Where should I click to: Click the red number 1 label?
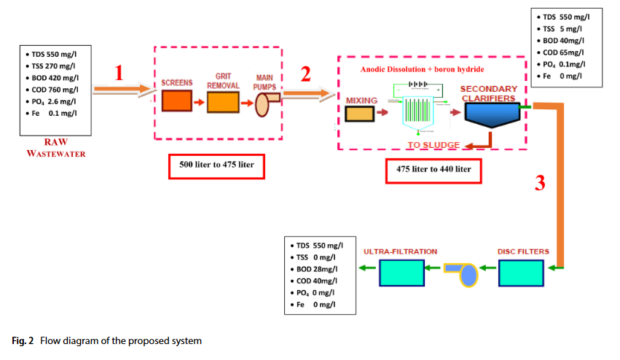click(120, 73)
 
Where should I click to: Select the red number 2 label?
click(306, 74)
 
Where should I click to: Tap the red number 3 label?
click(540, 183)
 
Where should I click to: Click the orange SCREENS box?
click(177, 100)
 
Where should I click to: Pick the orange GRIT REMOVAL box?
click(223, 103)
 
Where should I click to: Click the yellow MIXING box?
click(360, 114)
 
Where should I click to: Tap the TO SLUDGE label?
click(433, 145)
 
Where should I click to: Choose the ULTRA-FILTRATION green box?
click(401, 274)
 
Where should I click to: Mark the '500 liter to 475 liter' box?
click(216, 167)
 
